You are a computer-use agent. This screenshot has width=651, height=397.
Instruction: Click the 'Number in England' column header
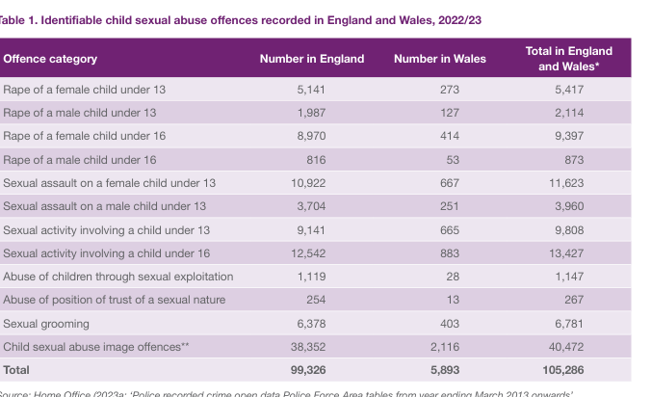pyautogui.click(x=312, y=59)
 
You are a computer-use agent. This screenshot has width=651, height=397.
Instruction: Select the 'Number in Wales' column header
pyautogui.click(x=440, y=59)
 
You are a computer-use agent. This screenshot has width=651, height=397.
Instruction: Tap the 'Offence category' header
pyautogui.click(x=50, y=59)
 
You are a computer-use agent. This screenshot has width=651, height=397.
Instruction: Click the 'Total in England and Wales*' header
pyautogui.click(x=568, y=59)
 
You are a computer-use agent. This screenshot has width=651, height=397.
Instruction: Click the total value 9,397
pyautogui.click(x=568, y=136)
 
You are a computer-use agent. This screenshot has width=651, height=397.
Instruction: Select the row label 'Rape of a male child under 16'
pyautogui.click(x=80, y=160)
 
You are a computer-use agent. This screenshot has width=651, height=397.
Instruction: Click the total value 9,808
pyautogui.click(x=568, y=230)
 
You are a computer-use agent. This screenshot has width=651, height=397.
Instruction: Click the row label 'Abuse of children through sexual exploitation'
pyautogui.click(x=118, y=277)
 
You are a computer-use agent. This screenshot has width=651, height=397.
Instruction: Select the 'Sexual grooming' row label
pyautogui.click(x=46, y=324)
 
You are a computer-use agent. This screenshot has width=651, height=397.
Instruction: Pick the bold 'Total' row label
pyautogui.click(x=16, y=370)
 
